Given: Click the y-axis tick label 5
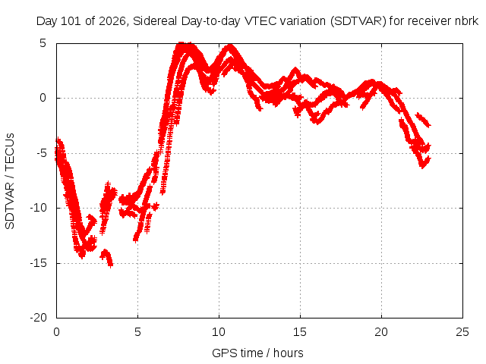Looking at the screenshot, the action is coord(43,43).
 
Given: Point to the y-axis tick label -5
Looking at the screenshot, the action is coord(39,153).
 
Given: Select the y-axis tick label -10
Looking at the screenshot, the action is coord(39,208).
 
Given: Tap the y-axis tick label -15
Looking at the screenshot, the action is coord(39,263).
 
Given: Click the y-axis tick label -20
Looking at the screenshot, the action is coord(39,318).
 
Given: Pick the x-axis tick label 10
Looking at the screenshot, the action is coord(219,332).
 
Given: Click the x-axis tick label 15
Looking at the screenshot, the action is coord(300,332).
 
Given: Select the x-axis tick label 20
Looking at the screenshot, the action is coord(381,332).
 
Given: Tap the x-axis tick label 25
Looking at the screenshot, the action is coord(462,332).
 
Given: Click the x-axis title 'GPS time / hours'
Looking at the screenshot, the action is coord(257,353).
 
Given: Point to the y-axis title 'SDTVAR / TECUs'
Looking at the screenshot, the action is coord(10,181).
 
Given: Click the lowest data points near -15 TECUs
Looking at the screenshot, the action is coord(106,258).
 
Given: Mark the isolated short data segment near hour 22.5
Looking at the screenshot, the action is coord(424,120).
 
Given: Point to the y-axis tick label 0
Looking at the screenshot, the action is coord(43,98).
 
